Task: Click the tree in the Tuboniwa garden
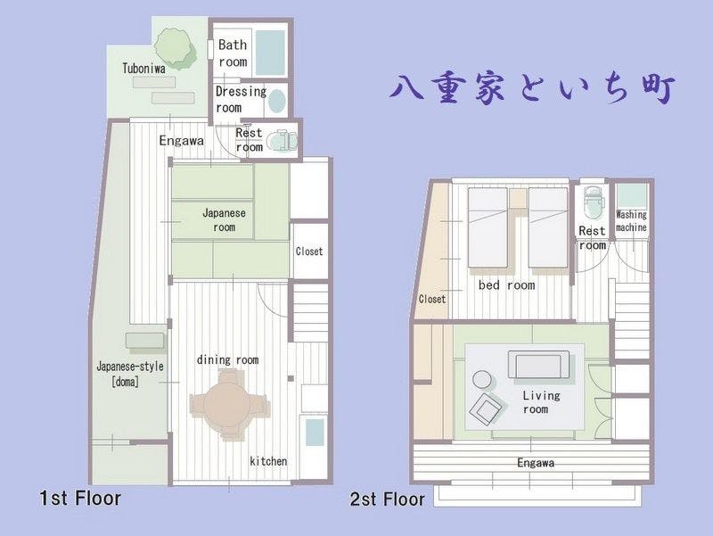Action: tap(174, 48)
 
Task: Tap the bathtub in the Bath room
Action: tap(270, 53)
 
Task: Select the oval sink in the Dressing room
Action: tap(276, 101)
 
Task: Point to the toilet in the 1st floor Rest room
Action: tap(281, 140)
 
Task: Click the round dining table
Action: tap(226, 405)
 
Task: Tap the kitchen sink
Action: tap(315, 432)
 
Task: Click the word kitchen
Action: tap(268, 461)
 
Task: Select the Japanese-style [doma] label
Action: tap(130, 374)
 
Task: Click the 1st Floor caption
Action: tap(80, 499)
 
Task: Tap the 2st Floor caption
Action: tap(387, 499)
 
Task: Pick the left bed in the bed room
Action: tap(488, 227)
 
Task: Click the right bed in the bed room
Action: tap(548, 227)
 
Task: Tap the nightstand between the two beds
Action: tap(518, 198)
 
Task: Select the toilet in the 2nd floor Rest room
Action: tap(593, 202)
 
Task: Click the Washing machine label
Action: tap(631, 220)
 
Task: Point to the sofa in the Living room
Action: tap(538, 365)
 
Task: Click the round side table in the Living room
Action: tap(482, 379)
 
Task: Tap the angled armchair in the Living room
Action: tap(486, 408)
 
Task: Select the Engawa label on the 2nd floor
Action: tap(536, 463)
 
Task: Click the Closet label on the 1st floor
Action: tap(309, 252)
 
